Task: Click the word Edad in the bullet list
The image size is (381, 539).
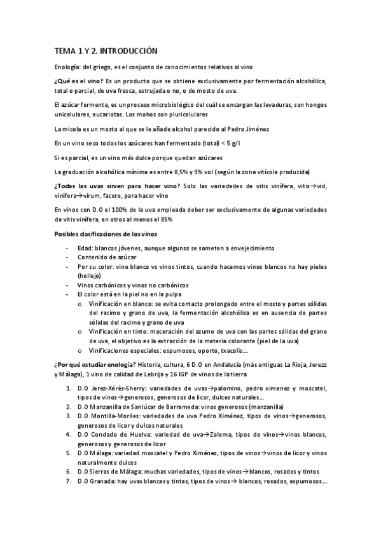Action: point(84,247)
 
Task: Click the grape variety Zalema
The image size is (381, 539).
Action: point(219,434)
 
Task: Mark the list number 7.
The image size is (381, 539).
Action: point(69,481)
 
